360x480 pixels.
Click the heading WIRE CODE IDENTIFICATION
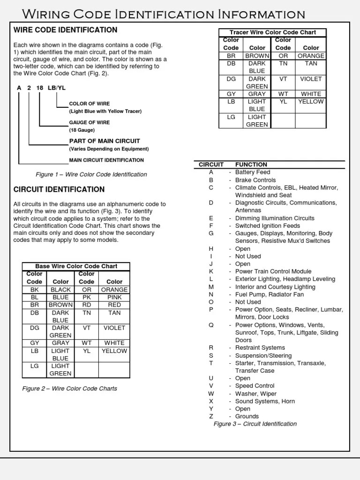(x=65, y=30)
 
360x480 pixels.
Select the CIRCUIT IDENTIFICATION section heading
(x=59, y=189)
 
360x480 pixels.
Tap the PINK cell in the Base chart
(x=114, y=297)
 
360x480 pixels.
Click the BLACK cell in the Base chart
(x=61, y=290)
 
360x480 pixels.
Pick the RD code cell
(x=87, y=305)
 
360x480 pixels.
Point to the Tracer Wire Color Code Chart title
(x=272, y=32)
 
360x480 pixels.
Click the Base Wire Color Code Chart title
(x=76, y=266)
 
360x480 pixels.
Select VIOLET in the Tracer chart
(x=311, y=79)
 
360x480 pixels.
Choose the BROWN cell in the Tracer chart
(x=257, y=56)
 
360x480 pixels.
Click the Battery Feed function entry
(x=253, y=172)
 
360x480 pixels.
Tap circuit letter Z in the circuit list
(x=211, y=416)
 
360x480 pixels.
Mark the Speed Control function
(x=255, y=386)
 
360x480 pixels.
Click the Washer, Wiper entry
(x=255, y=394)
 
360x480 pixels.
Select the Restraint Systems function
(x=260, y=348)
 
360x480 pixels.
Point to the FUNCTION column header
(x=251, y=165)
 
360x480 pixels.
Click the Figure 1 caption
(x=91, y=174)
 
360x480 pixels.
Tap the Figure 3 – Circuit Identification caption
(x=255, y=424)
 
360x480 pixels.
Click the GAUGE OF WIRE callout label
(x=90, y=122)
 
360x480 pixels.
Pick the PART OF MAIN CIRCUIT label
(x=105, y=141)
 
